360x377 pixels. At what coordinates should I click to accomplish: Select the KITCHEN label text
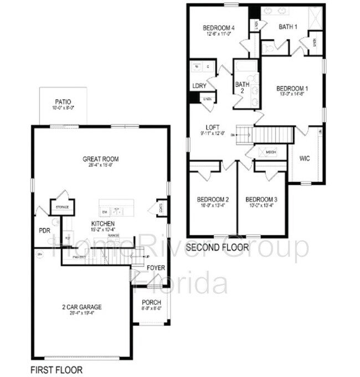(103, 224)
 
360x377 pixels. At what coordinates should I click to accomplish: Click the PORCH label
(151, 302)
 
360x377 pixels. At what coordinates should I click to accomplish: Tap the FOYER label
(156, 268)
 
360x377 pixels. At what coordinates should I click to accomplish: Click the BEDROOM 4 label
(219, 28)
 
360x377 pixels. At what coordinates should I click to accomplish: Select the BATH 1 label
(288, 26)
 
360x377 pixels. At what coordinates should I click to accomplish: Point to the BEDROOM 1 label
(292, 88)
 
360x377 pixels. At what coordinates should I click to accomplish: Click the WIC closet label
(304, 159)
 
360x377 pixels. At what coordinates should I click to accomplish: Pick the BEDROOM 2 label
(213, 200)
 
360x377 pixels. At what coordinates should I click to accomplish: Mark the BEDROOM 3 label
(261, 200)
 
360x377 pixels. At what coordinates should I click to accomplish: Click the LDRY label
(199, 86)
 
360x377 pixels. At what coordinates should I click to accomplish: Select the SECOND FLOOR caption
(218, 247)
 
